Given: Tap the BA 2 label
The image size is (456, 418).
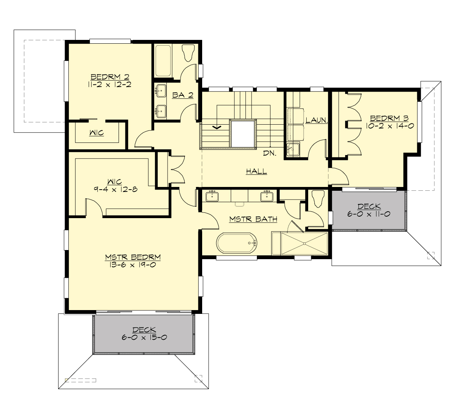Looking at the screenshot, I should [183, 95].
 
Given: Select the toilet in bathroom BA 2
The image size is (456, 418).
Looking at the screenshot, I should [188, 53].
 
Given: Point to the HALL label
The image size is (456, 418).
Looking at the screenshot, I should [256, 171].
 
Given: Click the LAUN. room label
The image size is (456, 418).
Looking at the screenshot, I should [317, 120].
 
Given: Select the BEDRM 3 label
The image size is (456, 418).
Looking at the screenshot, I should [389, 118].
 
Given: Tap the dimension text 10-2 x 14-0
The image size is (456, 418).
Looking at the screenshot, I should [389, 126].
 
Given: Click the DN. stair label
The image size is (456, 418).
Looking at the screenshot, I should [269, 154].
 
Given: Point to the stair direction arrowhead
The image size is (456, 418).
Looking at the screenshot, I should [217, 127].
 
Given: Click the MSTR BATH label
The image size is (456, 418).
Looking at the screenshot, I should [253, 219].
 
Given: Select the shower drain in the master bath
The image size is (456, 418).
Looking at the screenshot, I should [304, 244].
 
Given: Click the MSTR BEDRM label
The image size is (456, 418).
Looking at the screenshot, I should [133, 257].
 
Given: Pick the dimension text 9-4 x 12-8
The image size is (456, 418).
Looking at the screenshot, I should [115, 189].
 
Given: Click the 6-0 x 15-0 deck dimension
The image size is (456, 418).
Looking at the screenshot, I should [144, 337].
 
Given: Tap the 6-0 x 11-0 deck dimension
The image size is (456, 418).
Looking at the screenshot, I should [369, 214].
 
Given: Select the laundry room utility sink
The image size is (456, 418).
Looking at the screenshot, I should [293, 150].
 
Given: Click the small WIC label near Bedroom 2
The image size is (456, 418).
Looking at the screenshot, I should [97, 133].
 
